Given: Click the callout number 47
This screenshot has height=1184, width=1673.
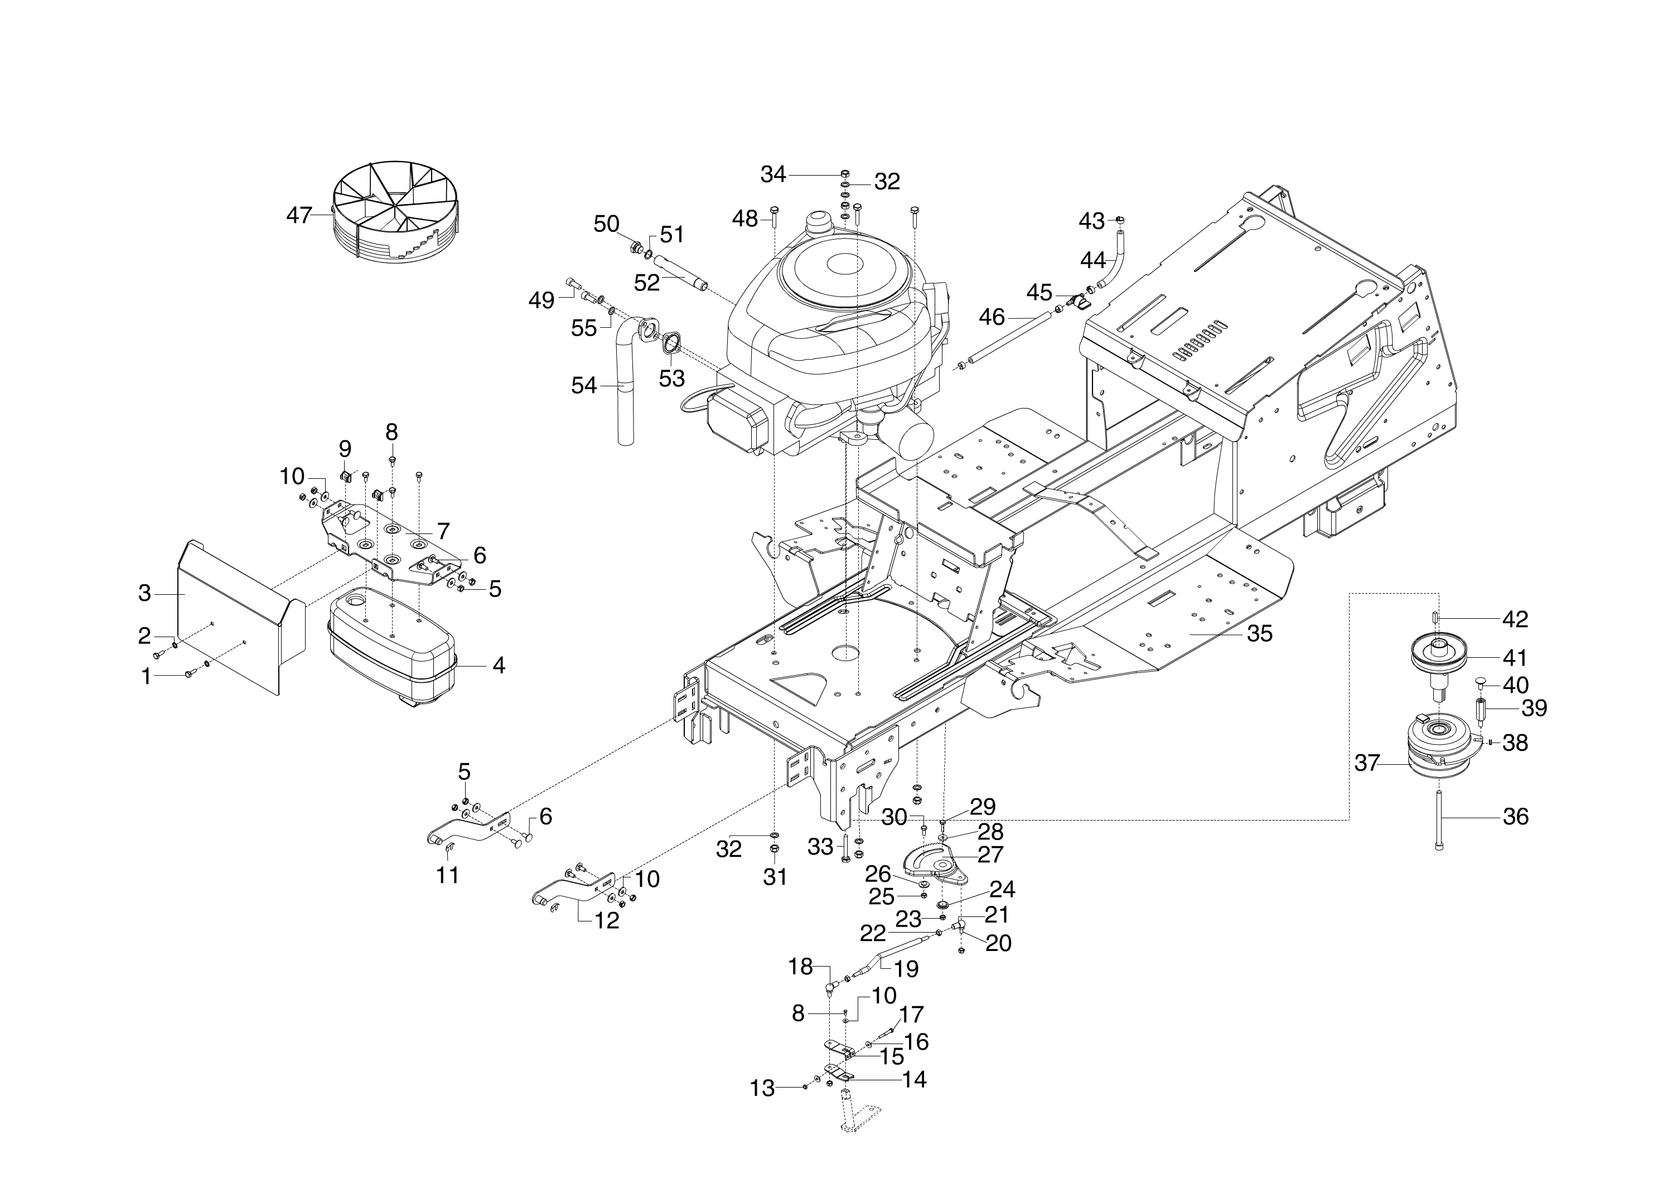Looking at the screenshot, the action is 299,216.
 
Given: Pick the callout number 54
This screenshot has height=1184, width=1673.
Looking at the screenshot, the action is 583,386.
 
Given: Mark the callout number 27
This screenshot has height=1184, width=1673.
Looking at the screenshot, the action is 990,854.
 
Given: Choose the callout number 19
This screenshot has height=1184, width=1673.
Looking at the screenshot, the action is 906,969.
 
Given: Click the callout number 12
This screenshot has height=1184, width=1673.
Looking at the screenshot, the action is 607,921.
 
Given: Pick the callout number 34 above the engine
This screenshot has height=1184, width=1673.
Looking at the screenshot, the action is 773,174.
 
